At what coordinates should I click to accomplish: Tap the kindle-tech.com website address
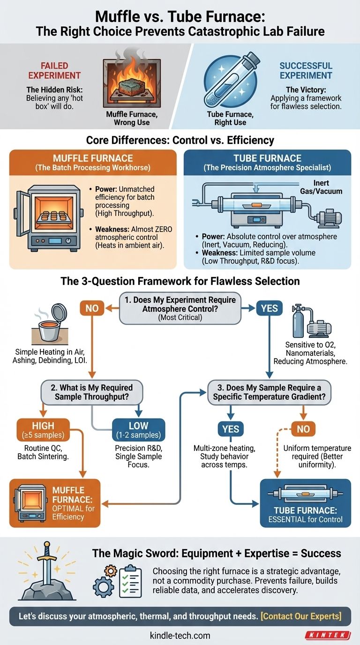pos(180,636)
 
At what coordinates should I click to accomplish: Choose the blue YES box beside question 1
pos(269,308)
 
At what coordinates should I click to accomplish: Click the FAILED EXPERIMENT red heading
pos(54,70)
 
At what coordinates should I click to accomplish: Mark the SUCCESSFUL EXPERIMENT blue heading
pos(306,70)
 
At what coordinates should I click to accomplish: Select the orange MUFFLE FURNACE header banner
pos(93,162)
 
